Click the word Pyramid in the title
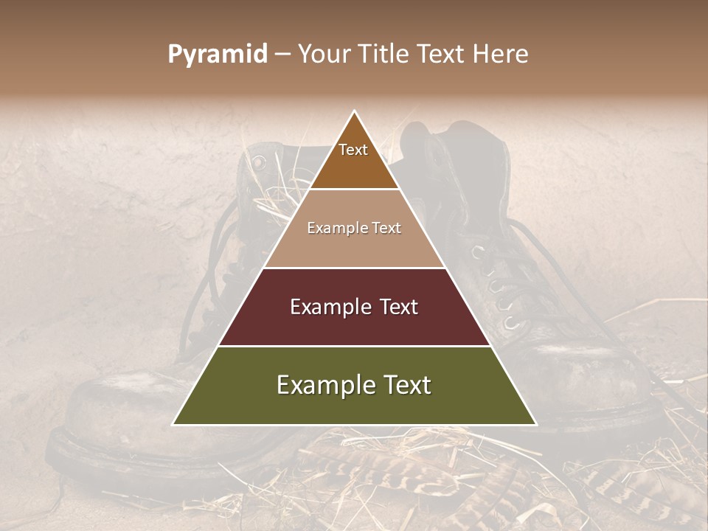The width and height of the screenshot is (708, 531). pos(217,55)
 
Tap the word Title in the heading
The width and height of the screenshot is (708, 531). pos(386,55)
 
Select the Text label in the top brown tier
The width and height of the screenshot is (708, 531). pos(353,150)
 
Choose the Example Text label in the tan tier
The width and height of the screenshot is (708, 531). pos(354,228)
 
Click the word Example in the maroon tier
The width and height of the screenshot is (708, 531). pos(327,307)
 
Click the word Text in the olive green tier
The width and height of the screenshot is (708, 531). pos(406,385)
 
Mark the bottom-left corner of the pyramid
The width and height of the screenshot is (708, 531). pos(173,424)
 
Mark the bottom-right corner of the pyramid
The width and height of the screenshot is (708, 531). pos(536,424)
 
